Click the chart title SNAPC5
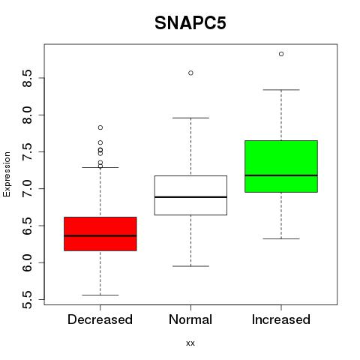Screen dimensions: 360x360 coord(190,23)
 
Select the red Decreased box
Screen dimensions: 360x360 coord(100,234)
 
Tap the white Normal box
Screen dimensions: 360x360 coord(190,195)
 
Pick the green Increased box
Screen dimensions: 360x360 coord(281,166)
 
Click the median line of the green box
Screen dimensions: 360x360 coord(281,175)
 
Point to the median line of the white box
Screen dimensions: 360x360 coord(190,197)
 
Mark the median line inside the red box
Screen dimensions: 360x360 coord(100,235)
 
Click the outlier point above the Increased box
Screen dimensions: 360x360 coord(281,54)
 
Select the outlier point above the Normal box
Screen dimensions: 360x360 coord(190,73)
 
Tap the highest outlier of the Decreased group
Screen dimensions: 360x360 coord(100,127)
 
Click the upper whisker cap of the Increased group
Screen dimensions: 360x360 coord(281,90)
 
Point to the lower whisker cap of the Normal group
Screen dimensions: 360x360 coord(190,266)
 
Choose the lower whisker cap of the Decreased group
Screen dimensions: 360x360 coord(100,295)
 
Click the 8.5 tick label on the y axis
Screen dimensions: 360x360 coord(27,78)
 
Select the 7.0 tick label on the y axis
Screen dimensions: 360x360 coord(27,189)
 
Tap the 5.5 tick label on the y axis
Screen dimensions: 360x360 coord(27,299)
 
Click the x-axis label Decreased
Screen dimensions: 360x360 coord(100,319)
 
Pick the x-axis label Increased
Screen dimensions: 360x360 coord(281,319)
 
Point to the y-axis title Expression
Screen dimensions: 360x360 coord(7,174)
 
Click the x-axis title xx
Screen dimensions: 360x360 coord(190,343)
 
